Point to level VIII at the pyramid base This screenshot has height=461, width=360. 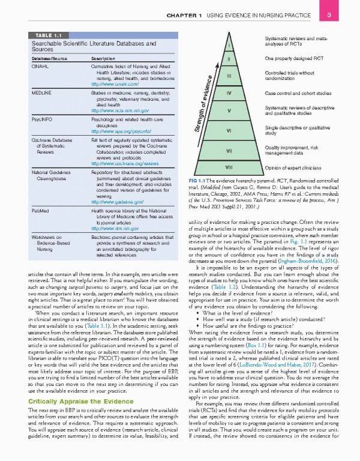click(229, 166)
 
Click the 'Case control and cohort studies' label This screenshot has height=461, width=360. click(297, 94)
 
